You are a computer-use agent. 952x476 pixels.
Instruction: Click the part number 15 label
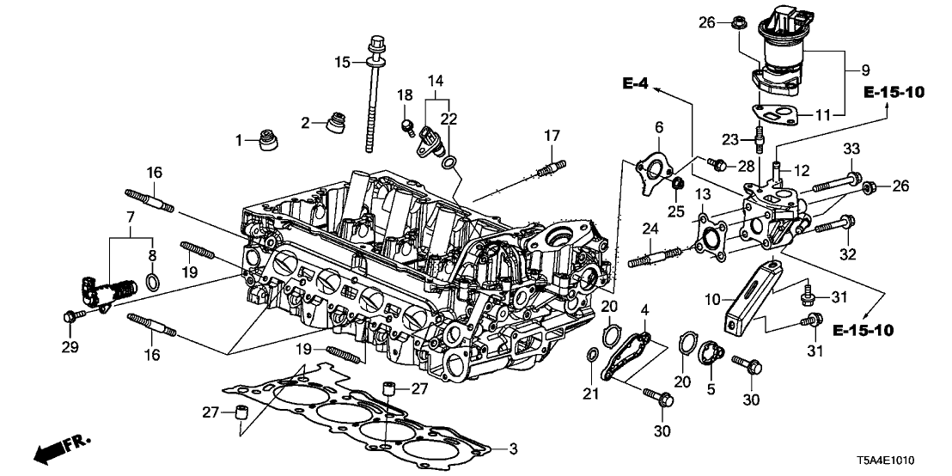coord(342,62)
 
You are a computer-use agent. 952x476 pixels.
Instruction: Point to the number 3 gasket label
coord(514,449)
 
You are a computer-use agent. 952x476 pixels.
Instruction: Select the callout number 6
coord(659,127)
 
